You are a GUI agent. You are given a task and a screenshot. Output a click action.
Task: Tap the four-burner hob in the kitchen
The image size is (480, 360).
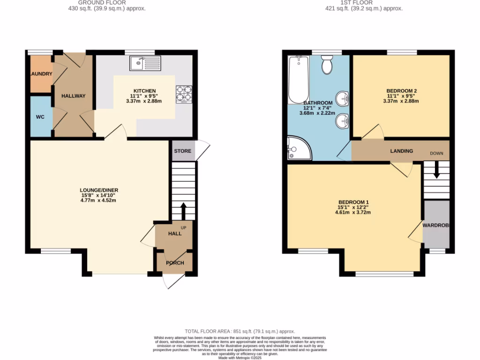point(183,94)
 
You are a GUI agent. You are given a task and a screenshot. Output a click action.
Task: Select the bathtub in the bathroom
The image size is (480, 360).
point(298,80)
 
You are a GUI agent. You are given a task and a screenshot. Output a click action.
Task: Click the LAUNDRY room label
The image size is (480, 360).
point(41,74)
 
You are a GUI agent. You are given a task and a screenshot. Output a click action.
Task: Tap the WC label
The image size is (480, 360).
point(40,117)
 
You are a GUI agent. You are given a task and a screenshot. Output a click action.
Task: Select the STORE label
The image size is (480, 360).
point(183,151)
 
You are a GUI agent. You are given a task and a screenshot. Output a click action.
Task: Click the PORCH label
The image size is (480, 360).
point(174,263)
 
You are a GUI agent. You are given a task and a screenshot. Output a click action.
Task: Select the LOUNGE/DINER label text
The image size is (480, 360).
point(98,190)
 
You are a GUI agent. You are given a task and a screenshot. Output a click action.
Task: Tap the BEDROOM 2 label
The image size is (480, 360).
point(401,90)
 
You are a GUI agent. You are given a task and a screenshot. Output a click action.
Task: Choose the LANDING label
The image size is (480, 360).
point(402,151)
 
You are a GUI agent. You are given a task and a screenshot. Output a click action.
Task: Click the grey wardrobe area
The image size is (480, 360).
point(436,224)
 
